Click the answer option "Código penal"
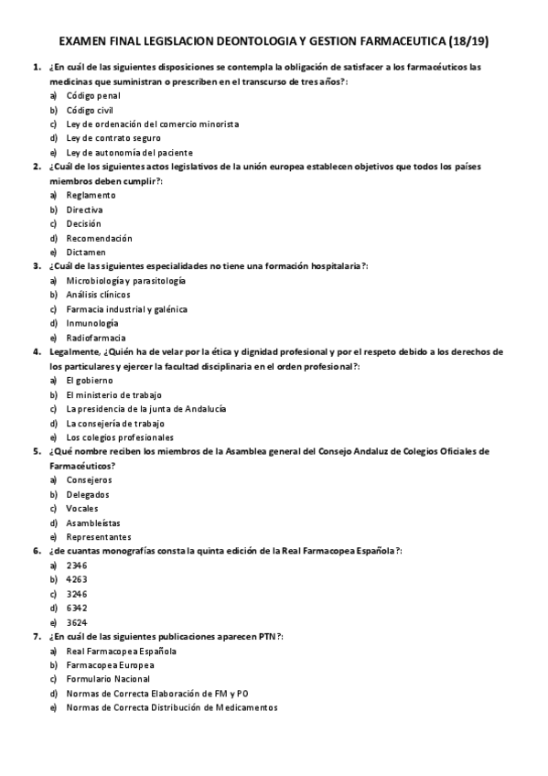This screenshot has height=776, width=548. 93,95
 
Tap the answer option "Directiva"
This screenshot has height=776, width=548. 85,210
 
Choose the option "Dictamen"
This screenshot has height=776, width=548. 86,252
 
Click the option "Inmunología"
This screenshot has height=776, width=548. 92,323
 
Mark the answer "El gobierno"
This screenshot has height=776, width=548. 90,380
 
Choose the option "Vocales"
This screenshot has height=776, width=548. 82,508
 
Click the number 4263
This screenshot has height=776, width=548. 77,579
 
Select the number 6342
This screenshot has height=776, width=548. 77,608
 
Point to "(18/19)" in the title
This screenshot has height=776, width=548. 469,41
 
